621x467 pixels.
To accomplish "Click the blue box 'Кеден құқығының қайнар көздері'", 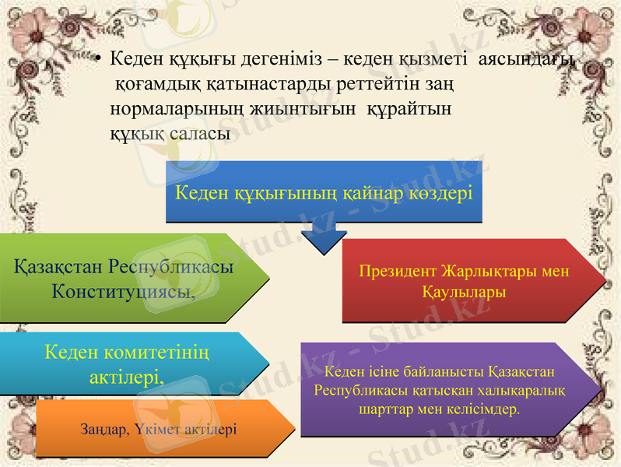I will [x=325, y=192].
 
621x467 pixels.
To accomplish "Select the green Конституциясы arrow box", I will [x=128, y=279].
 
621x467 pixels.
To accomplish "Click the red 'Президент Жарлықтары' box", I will [x=464, y=282].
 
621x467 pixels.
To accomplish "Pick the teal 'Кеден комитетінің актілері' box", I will [x=128, y=363].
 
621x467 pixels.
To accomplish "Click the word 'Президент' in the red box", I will [x=398, y=272].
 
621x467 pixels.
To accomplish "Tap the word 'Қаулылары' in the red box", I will [x=464, y=293].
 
